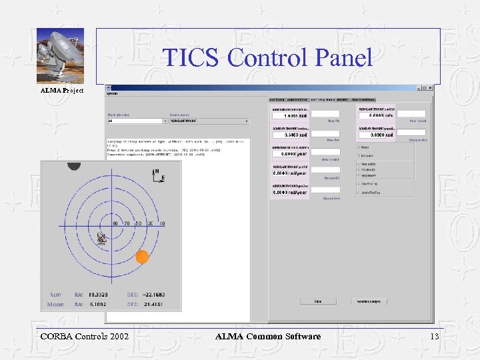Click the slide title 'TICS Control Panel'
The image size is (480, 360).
click(x=267, y=57)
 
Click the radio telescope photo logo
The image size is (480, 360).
click(x=60, y=57)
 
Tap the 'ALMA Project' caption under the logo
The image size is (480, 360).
click(x=62, y=90)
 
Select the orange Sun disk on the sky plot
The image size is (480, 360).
click(x=142, y=257)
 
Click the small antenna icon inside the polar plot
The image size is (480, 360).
click(x=101, y=239)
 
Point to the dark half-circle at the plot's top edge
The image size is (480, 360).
click(x=73, y=165)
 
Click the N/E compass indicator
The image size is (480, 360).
click(x=157, y=175)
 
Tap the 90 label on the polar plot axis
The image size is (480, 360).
click(x=115, y=224)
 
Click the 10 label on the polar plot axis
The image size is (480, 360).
click(x=162, y=224)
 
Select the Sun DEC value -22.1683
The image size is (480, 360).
click(x=153, y=294)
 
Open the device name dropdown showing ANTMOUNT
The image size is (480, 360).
click(x=209, y=121)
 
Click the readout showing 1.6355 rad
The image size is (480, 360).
click(x=290, y=115)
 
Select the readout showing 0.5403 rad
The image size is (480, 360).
click(x=290, y=134)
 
